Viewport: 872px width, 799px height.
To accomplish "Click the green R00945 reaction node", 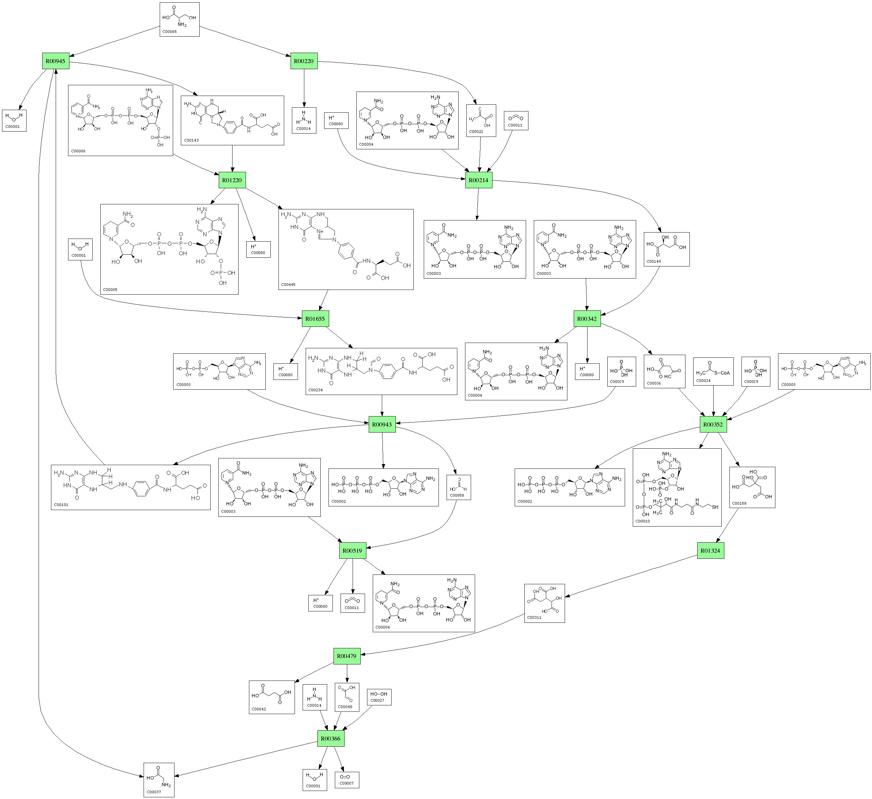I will tap(56, 61).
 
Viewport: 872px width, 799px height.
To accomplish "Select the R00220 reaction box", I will tap(304, 61).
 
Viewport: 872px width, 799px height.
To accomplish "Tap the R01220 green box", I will tap(232, 180).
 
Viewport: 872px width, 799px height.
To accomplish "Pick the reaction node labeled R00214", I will tap(479, 180).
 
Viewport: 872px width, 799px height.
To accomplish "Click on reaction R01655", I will tap(315, 319).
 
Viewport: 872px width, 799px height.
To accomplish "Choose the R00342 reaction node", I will tap(587, 319).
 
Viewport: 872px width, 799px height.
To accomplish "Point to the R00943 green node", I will tap(382, 425).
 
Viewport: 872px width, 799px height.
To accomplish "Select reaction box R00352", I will tap(713, 425).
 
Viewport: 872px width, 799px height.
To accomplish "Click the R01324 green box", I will tap(711, 551).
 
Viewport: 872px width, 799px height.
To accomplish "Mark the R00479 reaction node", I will tap(347, 656).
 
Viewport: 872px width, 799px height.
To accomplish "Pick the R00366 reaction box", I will tap(331, 739).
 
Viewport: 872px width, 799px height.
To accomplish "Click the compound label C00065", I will tap(169, 32).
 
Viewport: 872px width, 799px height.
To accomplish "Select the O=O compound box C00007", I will tap(347, 780).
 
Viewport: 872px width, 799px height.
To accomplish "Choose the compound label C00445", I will tap(289, 285).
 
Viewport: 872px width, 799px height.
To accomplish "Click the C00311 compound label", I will tap(534, 617).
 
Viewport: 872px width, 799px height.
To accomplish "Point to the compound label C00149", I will tap(654, 261).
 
